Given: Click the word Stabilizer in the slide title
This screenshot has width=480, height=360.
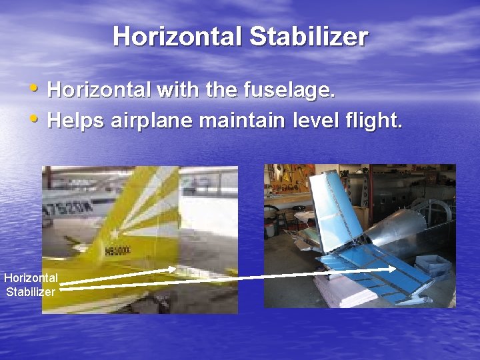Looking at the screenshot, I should pos(308,37).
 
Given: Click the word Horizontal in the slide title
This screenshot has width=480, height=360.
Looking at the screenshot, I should pos(178,37).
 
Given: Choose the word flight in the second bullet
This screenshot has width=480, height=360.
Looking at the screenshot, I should pos(378,121).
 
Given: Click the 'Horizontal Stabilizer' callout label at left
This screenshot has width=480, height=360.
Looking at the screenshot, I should pos(31,284).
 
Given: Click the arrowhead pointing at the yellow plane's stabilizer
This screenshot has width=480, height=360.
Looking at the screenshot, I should pos(172,269).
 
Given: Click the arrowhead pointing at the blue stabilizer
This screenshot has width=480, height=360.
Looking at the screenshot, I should pos(391,269).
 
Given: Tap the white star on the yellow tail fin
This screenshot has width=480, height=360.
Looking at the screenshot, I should pos(114,234).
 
